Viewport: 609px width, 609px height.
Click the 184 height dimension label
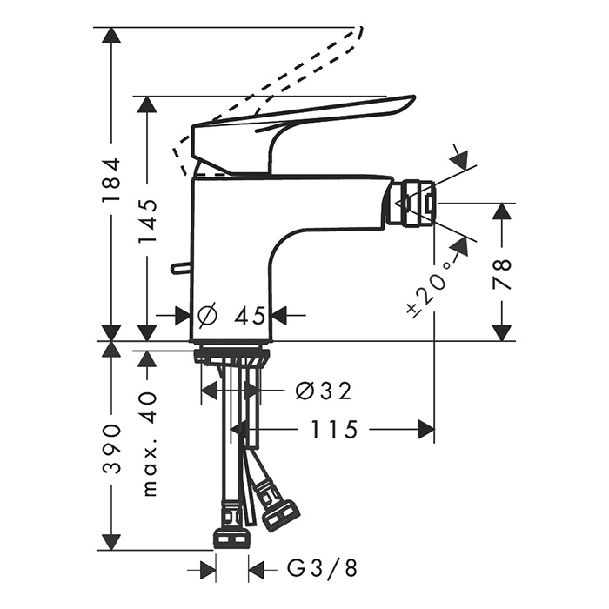click(x=110, y=180)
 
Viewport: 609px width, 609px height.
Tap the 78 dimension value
click(x=502, y=273)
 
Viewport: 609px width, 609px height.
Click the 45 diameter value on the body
click(x=249, y=315)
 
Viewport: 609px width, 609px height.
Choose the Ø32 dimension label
click(x=323, y=391)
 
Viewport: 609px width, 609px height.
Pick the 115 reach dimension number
click(x=334, y=429)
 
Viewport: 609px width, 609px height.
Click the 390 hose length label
click(x=110, y=448)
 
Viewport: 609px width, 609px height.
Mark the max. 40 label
click(x=149, y=444)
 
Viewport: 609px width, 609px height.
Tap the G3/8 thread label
click(x=322, y=570)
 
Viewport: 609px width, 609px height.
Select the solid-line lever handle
click(x=304, y=117)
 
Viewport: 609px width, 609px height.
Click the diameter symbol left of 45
click(x=207, y=315)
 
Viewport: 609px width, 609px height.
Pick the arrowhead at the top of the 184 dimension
click(x=110, y=36)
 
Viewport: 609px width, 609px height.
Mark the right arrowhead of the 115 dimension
click(x=425, y=429)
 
